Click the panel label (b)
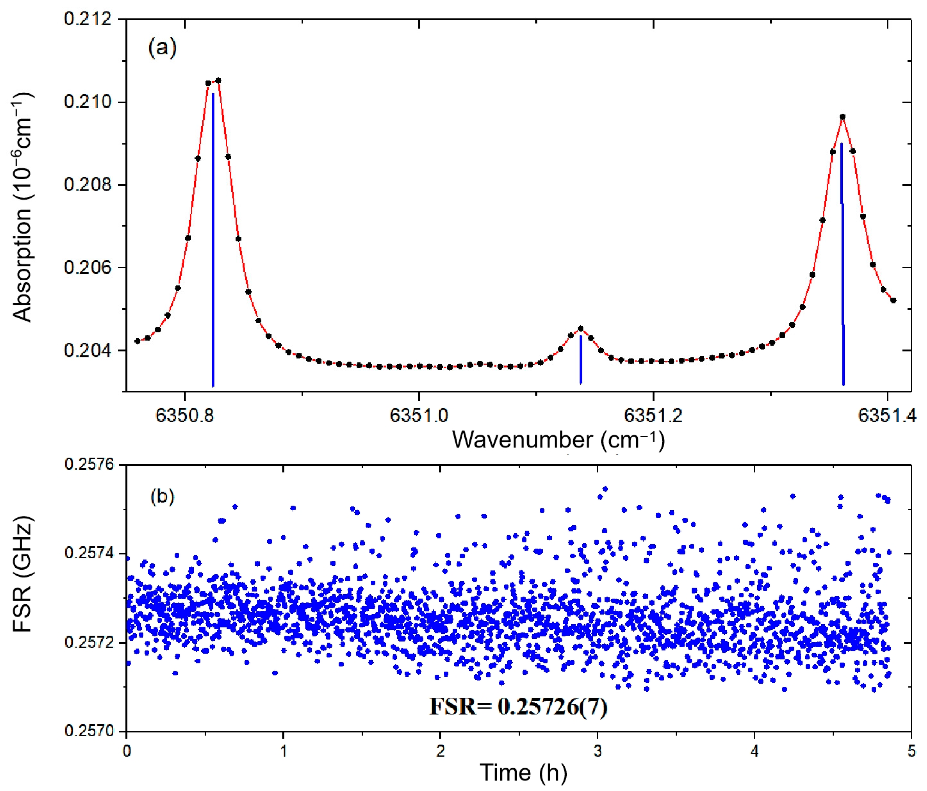click(162, 496)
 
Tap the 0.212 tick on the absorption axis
click(87, 19)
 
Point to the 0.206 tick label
click(87, 267)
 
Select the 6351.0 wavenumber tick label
click(419, 416)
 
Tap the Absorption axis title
click(22, 207)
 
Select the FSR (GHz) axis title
click(22, 575)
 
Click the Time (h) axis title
click(524, 773)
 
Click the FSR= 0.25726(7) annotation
click(518, 707)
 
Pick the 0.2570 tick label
click(90, 731)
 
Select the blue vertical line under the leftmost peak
click(213, 241)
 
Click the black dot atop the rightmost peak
click(842, 117)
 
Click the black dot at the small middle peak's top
click(581, 328)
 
